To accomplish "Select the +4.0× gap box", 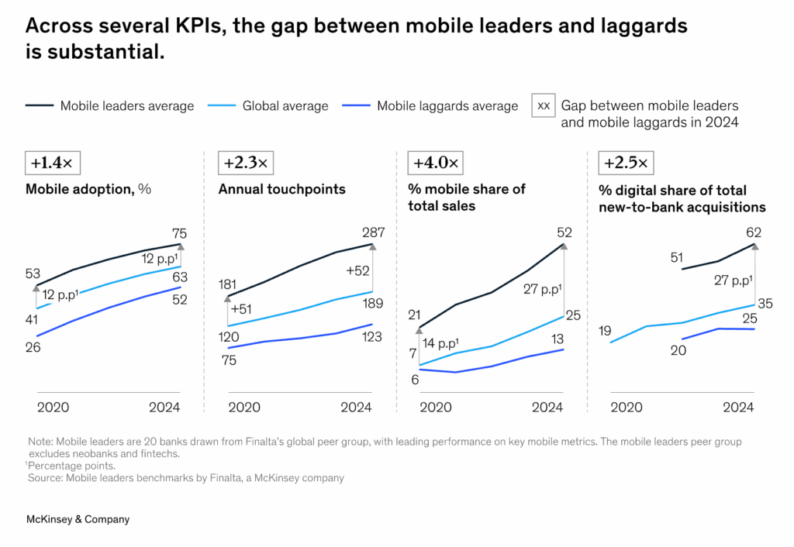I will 436,163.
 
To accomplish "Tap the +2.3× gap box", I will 246,163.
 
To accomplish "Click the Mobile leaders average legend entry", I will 110,106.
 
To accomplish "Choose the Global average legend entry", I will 267,106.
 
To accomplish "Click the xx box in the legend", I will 544,105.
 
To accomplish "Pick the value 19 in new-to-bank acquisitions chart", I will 605,331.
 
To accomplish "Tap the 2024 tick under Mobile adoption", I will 164,408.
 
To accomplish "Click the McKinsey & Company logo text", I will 78,519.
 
